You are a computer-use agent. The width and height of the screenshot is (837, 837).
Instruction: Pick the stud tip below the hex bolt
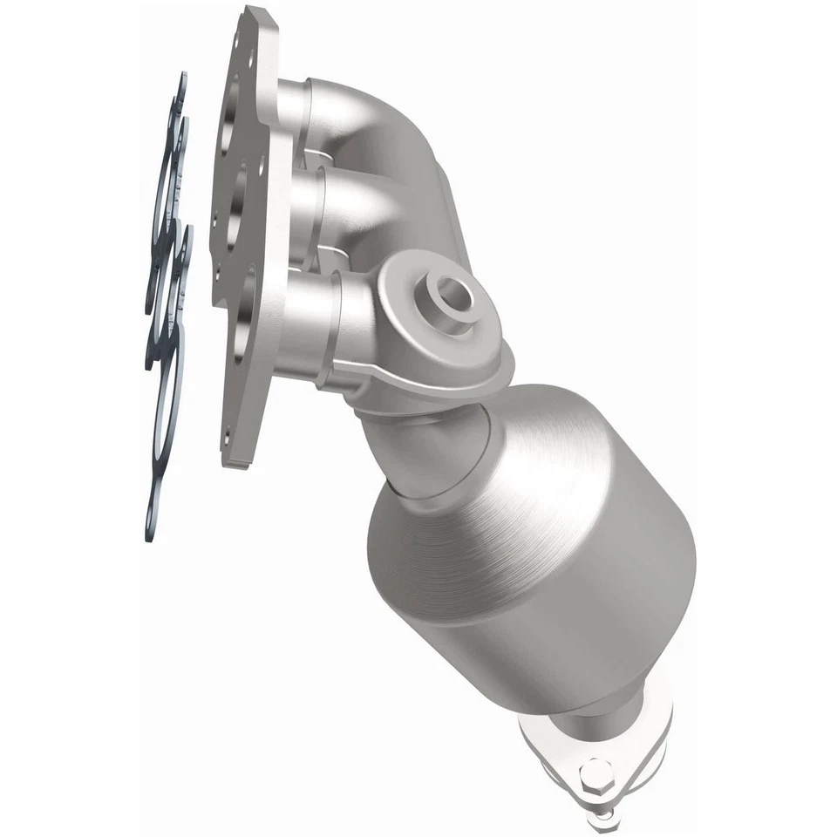[602, 820]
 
